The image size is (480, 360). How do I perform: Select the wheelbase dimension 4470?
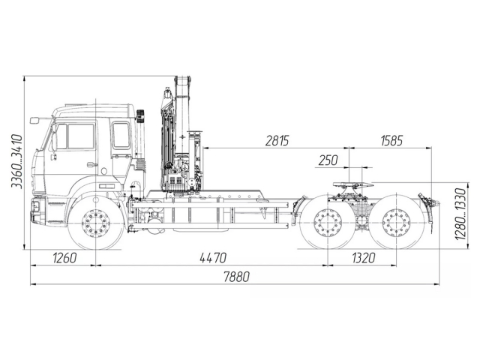click(x=212, y=258)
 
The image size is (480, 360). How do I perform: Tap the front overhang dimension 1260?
click(x=64, y=258)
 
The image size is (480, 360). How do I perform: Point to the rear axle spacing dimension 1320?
click(x=362, y=258)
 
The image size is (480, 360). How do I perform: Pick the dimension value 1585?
click(x=391, y=141)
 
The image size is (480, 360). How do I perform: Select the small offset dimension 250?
click(x=328, y=160)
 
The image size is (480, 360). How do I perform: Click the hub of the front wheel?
click(x=96, y=223)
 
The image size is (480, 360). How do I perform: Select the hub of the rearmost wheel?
click(x=394, y=223)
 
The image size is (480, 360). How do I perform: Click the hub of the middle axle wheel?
click(x=328, y=223)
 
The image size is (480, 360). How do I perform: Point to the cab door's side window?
click(x=79, y=136)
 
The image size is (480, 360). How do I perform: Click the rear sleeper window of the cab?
click(x=121, y=136)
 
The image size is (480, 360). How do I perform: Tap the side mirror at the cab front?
click(x=34, y=119)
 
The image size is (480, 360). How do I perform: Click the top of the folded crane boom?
click(x=182, y=80)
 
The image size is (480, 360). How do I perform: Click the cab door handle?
click(x=91, y=164)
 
